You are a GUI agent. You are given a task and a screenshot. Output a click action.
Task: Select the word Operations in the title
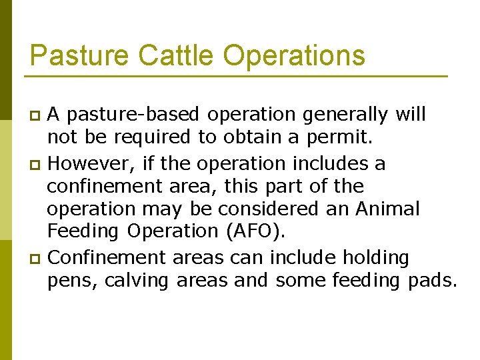[x=294, y=55]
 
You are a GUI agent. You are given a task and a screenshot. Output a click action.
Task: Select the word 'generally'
[x=345, y=115]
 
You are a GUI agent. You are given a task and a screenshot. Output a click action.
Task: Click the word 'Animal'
[x=387, y=209]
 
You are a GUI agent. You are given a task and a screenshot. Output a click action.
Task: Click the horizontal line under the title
[x=238, y=76]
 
